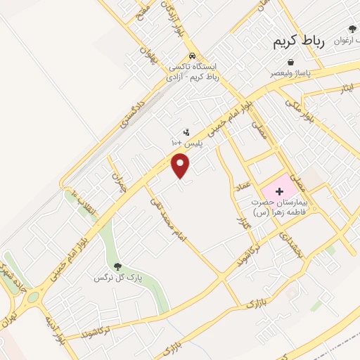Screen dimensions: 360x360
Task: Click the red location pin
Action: click(181, 166)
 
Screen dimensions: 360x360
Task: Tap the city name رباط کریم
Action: click(299, 41)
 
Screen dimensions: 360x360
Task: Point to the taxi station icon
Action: click(193, 56)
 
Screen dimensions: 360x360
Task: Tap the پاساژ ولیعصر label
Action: click(288, 72)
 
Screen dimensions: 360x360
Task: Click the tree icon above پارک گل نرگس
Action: click(117, 266)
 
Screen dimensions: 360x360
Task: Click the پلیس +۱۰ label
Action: click(186, 143)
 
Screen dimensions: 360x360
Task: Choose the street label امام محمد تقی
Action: click(169, 219)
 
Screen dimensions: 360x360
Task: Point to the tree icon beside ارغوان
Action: click(352, 30)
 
